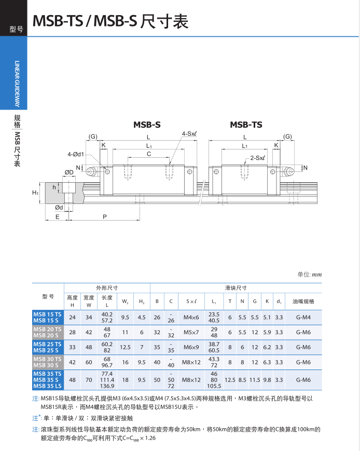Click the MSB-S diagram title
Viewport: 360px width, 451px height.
[147, 125]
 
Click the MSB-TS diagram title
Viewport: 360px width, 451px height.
[246, 125]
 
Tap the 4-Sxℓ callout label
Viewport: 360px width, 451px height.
[189, 134]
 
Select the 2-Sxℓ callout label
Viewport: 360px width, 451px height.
[257, 158]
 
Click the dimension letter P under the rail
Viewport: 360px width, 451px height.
[105, 217]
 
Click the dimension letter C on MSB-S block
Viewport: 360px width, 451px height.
[149, 154]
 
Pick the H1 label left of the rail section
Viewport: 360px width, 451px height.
[35, 193]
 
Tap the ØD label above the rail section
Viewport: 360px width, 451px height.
[68, 172]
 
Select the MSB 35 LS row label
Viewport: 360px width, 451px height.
[47, 386]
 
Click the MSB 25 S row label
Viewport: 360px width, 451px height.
[47, 350]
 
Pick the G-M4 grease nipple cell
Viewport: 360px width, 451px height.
[303, 317]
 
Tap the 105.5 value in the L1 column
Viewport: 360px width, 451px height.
[214, 386]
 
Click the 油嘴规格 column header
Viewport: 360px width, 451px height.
[303, 301]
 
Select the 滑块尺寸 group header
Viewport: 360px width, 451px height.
[236, 288]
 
